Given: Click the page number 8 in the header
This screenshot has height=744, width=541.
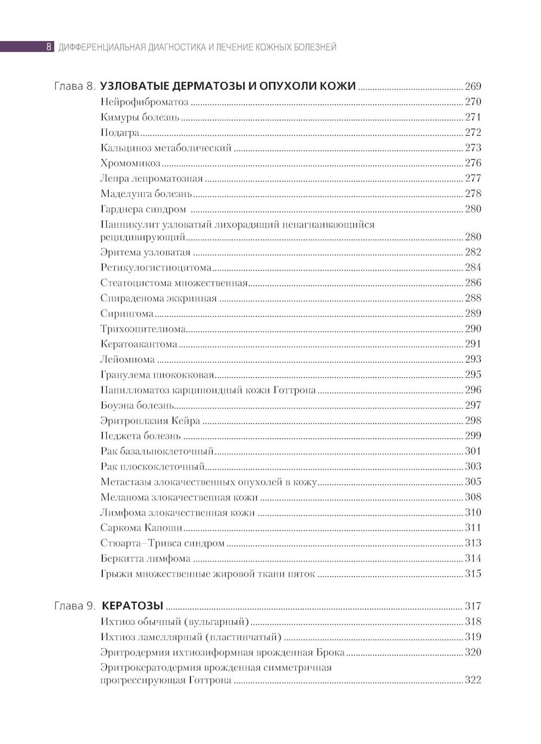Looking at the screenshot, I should point(49,47).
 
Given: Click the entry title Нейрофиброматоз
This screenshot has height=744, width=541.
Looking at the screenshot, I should point(144,102).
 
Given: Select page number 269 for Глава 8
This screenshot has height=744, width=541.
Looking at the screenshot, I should point(473,86).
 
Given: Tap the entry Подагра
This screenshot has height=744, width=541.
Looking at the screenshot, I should point(120,133).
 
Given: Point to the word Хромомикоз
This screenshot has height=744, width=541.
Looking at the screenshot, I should point(130,163).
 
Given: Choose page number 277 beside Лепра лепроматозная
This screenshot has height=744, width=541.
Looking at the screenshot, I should point(473,179).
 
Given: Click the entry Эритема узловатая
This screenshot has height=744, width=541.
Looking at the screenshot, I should point(146,252).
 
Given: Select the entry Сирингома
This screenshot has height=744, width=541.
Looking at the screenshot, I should point(127,313).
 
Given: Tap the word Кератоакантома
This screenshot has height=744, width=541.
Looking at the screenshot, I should point(139,344).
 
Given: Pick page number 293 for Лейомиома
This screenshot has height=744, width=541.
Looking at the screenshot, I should point(473,359).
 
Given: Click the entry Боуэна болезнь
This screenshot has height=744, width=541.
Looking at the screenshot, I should point(137,405).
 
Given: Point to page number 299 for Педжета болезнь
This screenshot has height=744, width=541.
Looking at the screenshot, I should point(473,436).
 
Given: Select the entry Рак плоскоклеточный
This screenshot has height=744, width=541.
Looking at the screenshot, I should point(153,466).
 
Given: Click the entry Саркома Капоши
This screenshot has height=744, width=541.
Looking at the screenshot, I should point(141,528).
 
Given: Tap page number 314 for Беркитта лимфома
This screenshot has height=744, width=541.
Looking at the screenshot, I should point(473,558).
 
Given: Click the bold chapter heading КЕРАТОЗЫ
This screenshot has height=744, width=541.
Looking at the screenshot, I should point(133,606).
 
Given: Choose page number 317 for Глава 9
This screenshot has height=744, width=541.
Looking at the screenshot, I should point(473,606).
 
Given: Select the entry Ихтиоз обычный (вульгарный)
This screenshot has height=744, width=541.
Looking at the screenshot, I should point(175,622).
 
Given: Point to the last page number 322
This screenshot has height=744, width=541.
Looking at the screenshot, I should point(473,680).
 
